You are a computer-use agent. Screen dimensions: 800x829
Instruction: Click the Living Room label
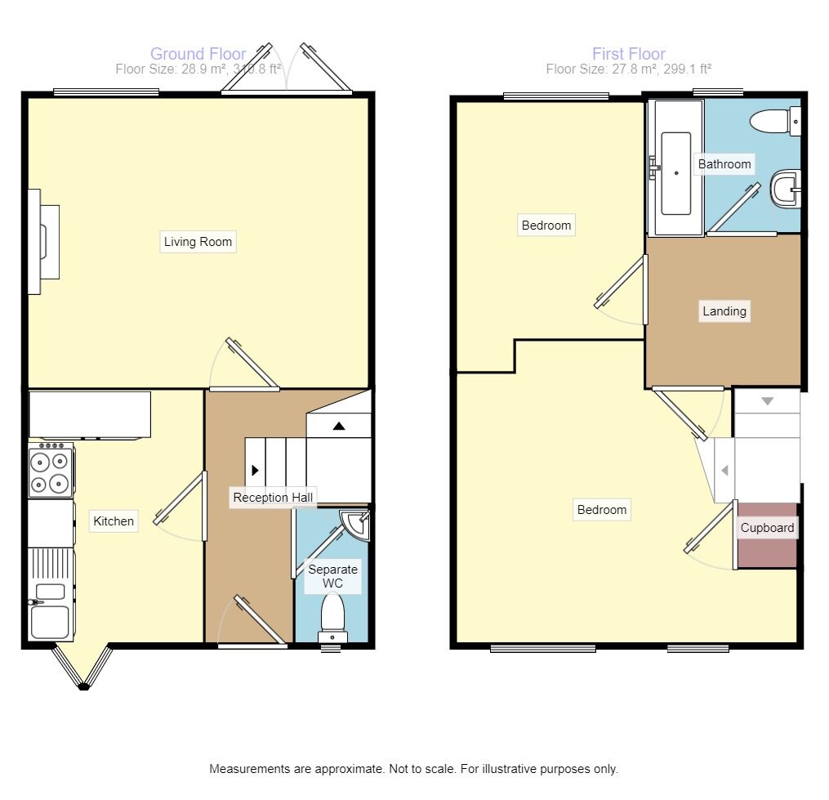click(198, 242)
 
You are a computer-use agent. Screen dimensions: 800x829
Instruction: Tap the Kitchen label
click(114, 521)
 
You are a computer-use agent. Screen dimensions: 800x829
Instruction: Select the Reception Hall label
click(272, 498)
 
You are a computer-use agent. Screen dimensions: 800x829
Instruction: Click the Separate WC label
click(332, 576)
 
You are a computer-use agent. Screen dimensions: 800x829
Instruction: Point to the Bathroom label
click(724, 164)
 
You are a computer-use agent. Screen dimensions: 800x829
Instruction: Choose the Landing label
click(724, 311)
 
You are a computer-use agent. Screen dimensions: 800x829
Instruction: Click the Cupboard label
click(767, 528)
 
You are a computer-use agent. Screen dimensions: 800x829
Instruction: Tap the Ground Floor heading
click(198, 54)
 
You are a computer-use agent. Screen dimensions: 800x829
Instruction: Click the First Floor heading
click(628, 54)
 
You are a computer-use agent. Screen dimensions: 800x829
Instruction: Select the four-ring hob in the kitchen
click(51, 472)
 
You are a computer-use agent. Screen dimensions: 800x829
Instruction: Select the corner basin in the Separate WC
click(358, 524)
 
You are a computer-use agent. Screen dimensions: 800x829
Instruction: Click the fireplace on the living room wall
click(42, 242)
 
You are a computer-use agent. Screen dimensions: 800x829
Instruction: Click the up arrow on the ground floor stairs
click(338, 426)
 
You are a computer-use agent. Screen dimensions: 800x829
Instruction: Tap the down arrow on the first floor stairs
click(767, 401)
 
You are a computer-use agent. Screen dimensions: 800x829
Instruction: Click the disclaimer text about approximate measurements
click(413, 769)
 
